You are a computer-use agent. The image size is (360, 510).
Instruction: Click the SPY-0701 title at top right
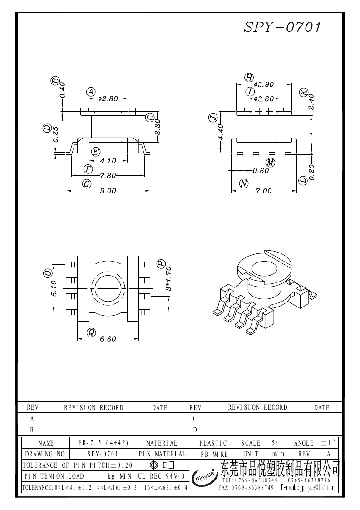(282, 27)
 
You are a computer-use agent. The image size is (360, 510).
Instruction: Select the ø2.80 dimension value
(108, 99)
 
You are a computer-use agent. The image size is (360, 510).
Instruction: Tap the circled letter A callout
(91, 92)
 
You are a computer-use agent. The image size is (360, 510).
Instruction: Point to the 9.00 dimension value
(108, 191)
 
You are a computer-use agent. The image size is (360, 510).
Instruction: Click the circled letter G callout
(87, 184)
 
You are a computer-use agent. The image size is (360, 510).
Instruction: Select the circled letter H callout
(249, 78)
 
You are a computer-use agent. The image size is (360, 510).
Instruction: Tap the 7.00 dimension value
(263, 191)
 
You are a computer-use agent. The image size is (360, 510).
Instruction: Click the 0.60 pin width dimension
(261, 170)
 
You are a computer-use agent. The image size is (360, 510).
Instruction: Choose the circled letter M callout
(270, 162)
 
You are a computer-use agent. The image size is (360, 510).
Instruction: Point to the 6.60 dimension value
(108, 339)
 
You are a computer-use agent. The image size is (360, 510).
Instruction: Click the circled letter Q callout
(91, 332)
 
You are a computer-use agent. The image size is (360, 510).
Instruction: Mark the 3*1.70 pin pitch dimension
(168, 279)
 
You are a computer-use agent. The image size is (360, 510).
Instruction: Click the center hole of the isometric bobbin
(265, 270)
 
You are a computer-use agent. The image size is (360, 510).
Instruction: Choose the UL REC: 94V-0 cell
(161, 476)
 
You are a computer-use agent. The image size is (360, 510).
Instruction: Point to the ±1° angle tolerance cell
(329, 443)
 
